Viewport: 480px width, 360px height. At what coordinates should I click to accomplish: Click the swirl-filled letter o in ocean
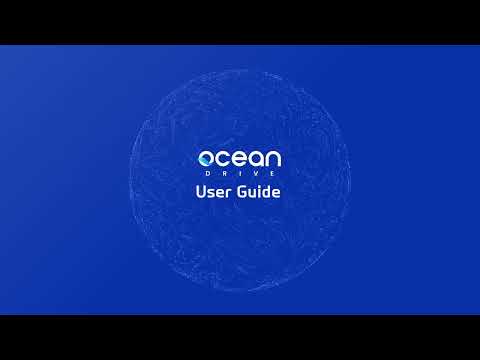(207, 159)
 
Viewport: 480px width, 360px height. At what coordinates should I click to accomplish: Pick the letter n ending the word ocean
(272, 159)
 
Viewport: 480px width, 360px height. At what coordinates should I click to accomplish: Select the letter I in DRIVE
(240, 174)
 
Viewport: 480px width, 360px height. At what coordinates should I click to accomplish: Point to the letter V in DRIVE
(254, 174)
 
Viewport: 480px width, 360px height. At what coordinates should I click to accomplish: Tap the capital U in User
(202, 192)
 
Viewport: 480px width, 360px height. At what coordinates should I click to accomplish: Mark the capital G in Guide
(242, 192)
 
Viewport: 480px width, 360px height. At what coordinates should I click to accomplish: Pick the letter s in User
(213, 194)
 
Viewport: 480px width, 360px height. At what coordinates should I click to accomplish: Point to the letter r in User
(231, 194)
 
